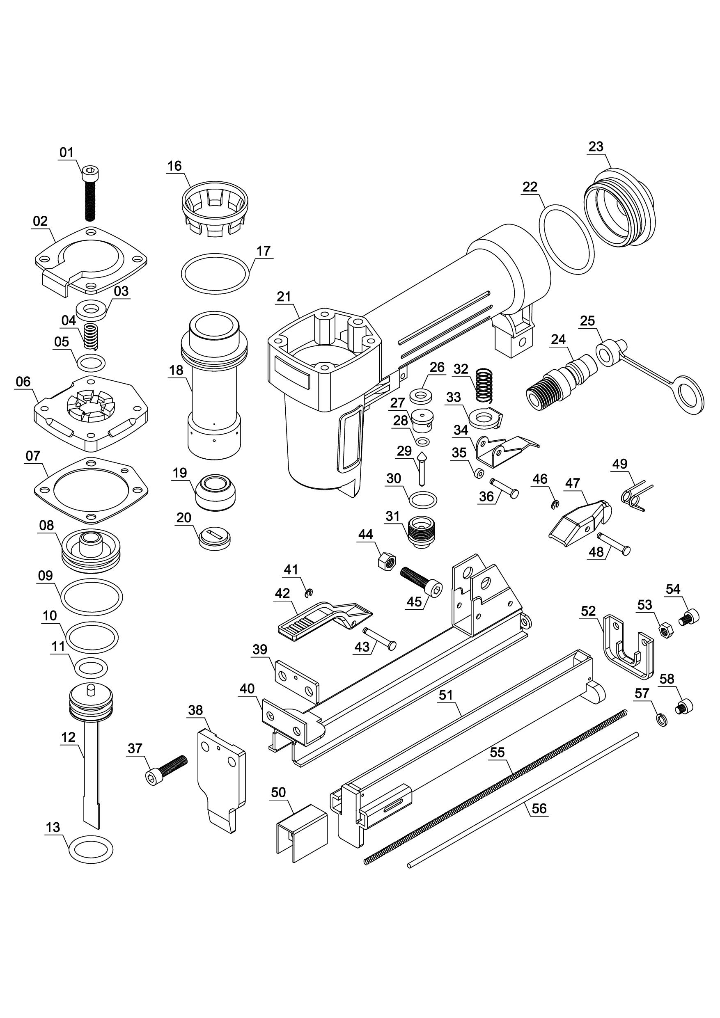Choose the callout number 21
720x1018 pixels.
tap(284, 297)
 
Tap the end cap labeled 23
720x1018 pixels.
tap(620, 208)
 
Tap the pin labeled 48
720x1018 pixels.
tap(614, 543)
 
